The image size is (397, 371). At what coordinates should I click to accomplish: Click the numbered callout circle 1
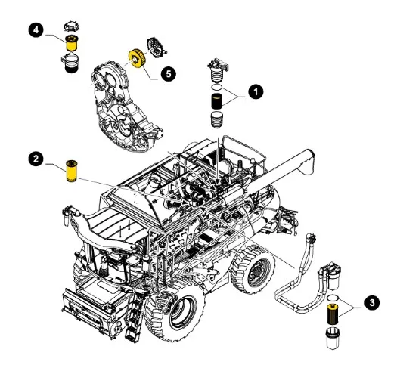(x=256, y=91)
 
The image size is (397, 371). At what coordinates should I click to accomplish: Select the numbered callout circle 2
(x=36, y=159)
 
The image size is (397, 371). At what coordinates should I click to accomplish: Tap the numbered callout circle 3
(x=372, y=303)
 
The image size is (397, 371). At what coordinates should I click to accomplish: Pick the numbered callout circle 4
(x=36, y=30)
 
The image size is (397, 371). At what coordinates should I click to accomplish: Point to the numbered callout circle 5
(x=169, y=74)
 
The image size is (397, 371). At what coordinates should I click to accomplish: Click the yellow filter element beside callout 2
(x=71, y=171)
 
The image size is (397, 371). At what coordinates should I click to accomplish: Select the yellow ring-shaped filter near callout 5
(x=138, y=60)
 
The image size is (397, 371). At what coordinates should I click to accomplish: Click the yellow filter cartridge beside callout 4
(x=72, y=43)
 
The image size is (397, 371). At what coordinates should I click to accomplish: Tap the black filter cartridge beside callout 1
(x=217, y=101)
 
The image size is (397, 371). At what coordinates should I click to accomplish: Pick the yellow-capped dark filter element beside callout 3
(x=333, y=314)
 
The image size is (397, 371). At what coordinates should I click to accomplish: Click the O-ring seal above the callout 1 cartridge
(x=217, y=88)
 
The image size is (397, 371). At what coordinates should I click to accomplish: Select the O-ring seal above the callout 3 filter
(x=333, y=298)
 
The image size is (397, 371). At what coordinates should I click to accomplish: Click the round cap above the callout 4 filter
(x=72, y=27)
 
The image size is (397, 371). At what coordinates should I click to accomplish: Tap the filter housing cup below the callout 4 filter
(x=70, y=63)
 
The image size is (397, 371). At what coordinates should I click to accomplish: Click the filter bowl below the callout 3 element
(x=333, y=338)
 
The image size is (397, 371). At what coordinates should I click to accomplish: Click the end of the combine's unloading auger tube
(x=307, y=161)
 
